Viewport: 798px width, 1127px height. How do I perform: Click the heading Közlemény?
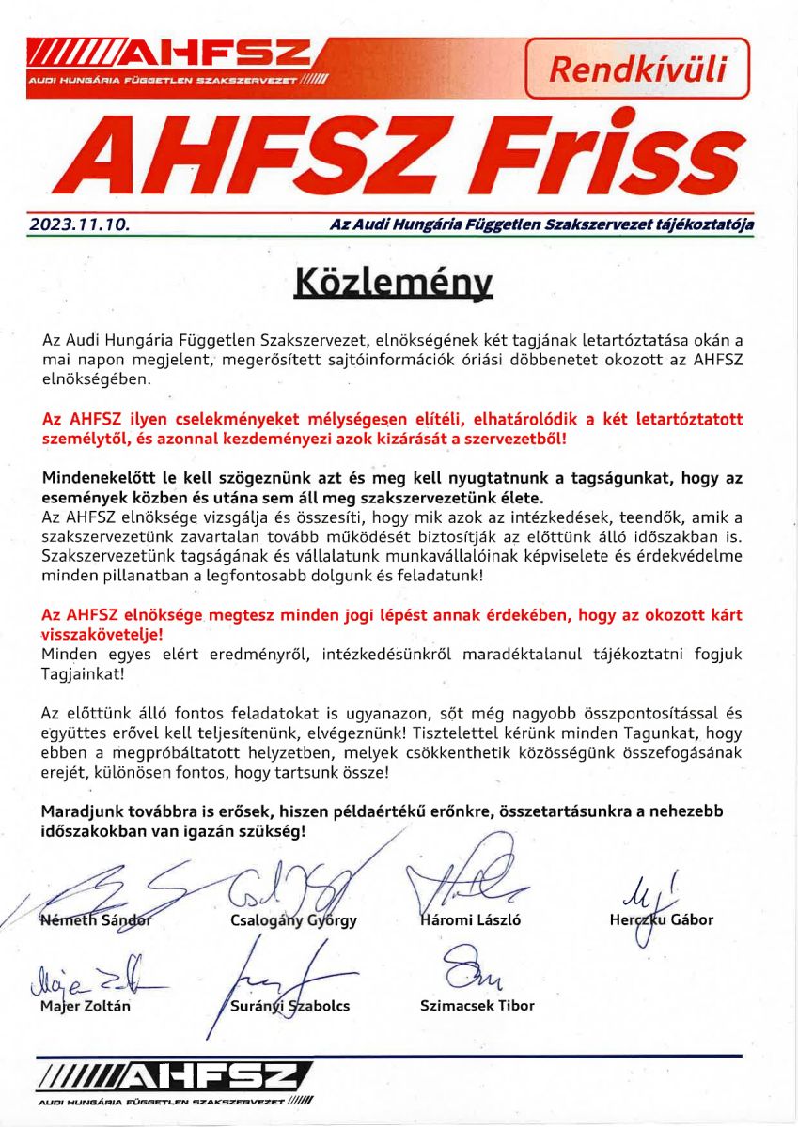tap(394, 282)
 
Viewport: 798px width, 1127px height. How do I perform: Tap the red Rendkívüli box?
tap(636, 69)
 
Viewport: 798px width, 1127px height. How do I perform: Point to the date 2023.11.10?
tap(79, 225)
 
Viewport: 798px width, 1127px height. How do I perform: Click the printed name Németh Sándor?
tap(97, 919)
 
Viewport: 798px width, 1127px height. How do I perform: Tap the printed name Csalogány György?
tap(293, 920)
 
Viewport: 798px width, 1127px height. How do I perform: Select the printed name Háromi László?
tap(469, 919)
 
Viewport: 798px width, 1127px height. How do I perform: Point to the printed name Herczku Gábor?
tap(661, 919)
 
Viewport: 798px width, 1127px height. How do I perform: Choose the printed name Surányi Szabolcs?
tap(289, 1006)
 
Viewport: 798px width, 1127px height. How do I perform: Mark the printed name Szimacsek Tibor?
tap(477, 1005)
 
